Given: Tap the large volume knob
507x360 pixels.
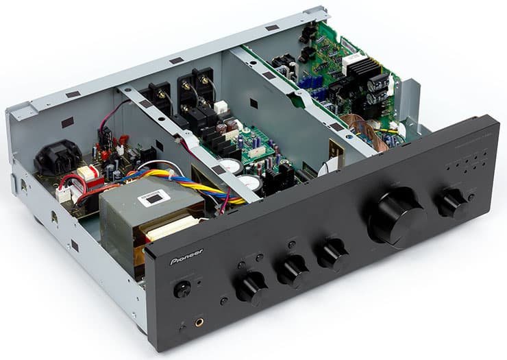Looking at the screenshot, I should pos(397,216).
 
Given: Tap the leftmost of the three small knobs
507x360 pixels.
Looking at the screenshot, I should pos(251,287).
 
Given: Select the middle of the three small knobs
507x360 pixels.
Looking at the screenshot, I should pos(293,271).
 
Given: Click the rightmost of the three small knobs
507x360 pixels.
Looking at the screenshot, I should pos(332,255).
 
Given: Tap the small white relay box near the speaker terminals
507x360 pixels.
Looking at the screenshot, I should pos(221,108).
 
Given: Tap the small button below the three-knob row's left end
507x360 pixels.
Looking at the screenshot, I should pos(224,301).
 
